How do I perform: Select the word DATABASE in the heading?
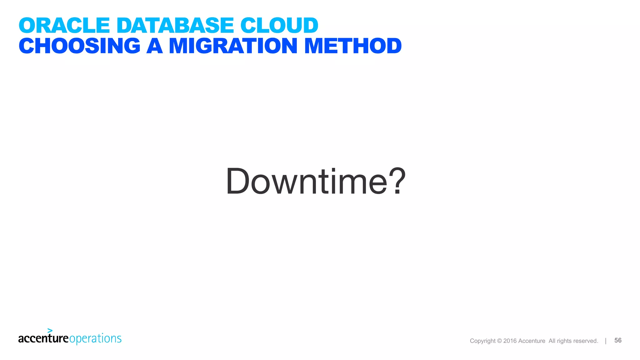(175, 25)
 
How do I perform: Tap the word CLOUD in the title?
(279, 25)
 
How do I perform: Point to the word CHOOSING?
(80, 46)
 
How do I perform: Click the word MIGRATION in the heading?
(233, 46)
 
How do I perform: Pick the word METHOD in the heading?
(353, 46)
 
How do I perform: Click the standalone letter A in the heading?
(155, 46)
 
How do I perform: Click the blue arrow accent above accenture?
(50, 330)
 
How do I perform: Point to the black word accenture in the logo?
(43, 338)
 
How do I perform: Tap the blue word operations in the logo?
(95, 339)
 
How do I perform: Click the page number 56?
(618, 340)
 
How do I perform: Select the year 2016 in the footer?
(510, 341)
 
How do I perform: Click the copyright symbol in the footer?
(499, 341)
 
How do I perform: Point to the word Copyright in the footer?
(482, 341)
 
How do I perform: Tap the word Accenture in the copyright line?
(532, 341)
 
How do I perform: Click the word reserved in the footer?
(586, 341)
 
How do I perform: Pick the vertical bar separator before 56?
(606, 341)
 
